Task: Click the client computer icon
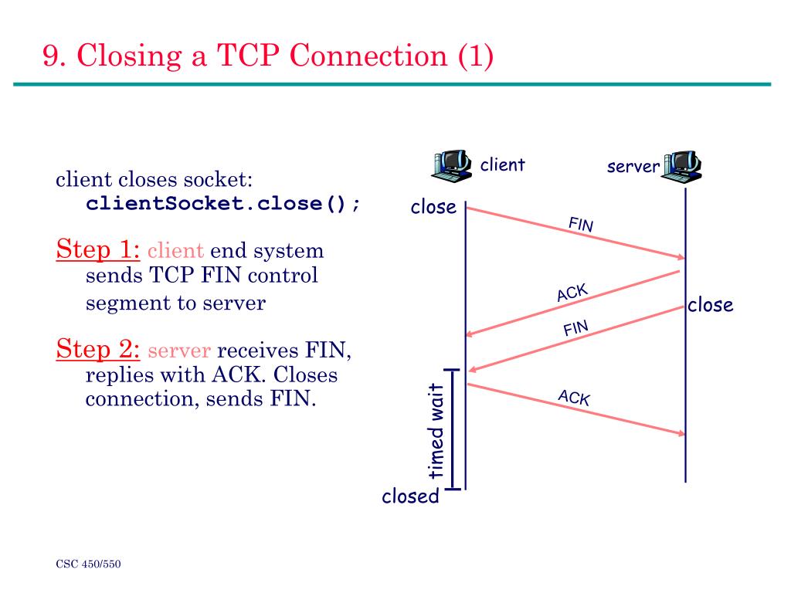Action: tap(452, 165)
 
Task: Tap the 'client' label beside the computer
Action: tap(502, 165)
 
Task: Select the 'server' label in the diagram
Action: tap(633, 167)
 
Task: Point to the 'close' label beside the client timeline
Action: tap(433, 207)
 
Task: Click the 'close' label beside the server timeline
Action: tap(711, 304)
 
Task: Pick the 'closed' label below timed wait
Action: tap(411, 496)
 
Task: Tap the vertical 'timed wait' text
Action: tap(436, 431)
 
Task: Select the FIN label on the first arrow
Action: tap(581, 224)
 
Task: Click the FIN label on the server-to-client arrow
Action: tap(575, 328)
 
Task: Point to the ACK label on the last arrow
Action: tap(574, 398)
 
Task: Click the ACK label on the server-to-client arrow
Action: tap(572, 293)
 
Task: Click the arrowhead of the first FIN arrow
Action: tap(681, 256)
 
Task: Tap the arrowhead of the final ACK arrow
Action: tap(681, 432)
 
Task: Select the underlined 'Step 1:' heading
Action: tap(98, 249)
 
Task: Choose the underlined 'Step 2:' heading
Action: tap(98, 349)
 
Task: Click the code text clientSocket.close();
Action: tap(222, 204)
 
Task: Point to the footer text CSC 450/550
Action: tap(88, 564)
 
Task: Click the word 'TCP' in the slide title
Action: tap(248, 55)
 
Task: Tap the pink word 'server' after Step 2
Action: tap(179, 351)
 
